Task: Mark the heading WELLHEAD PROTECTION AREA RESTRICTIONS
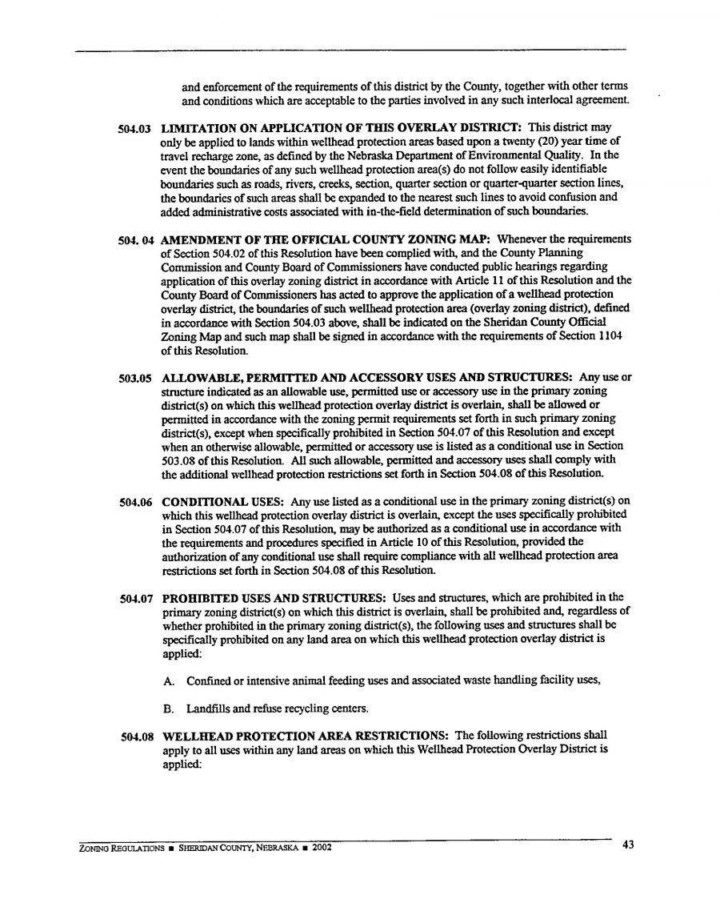pos(306,735)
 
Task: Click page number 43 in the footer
pos(627,845)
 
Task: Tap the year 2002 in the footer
pos(320,848)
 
